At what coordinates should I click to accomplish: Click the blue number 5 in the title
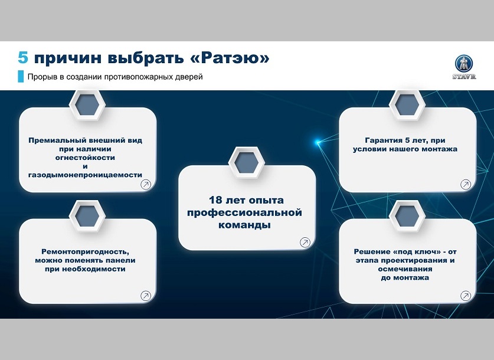point(23,58)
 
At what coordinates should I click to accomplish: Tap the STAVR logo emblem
point(464,64)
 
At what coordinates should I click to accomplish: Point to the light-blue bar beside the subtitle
point(21,77)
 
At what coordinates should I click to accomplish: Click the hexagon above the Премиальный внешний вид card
point(87,105)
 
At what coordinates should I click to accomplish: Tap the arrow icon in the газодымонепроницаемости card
point(146,185)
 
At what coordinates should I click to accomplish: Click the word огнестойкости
point(85,158)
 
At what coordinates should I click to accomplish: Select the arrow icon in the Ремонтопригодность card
point(146,296)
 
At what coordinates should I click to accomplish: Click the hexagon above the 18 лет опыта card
point(246,163)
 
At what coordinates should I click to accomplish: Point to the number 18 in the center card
point(216,200)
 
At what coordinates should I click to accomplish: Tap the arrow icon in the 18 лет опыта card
point(305,242)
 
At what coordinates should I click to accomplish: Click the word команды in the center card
point(244,225)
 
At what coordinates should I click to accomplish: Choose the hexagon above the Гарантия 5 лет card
point(407,105)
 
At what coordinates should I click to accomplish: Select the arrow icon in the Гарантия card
point(466,185)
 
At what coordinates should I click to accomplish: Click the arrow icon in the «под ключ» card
point(466,296)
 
